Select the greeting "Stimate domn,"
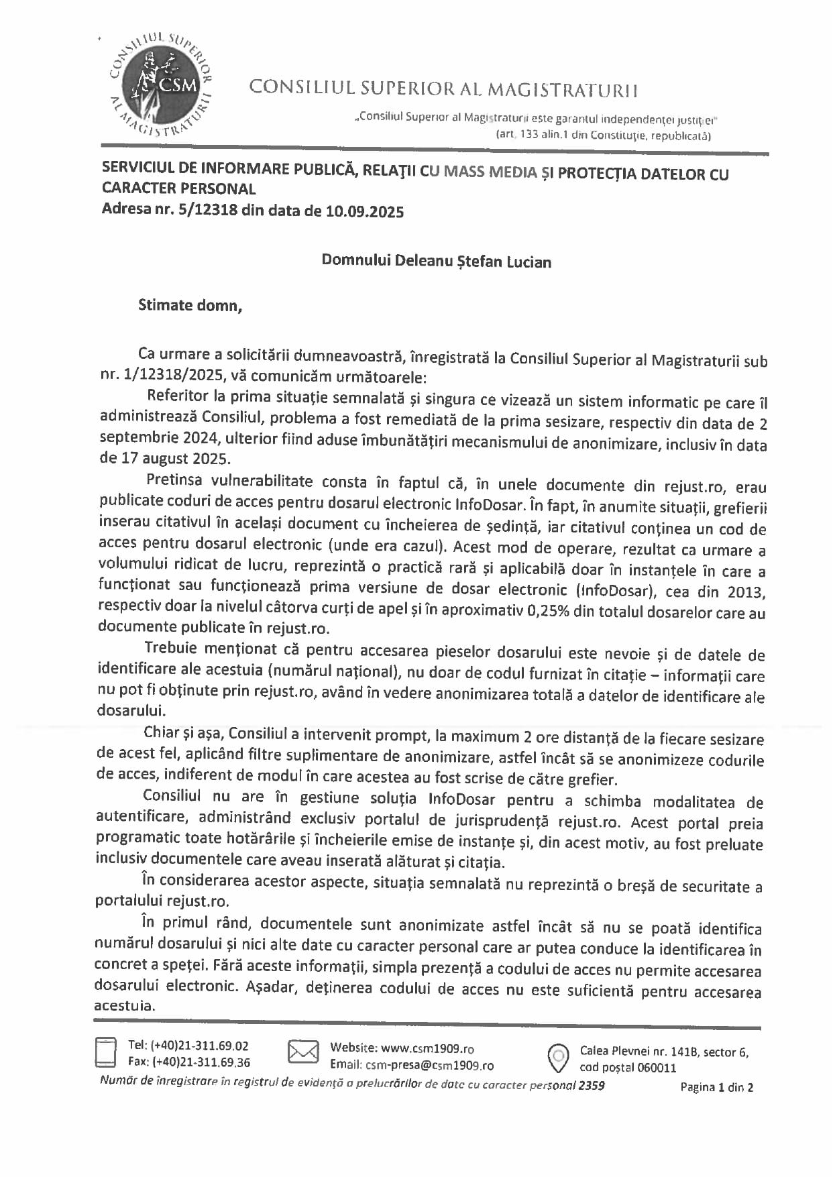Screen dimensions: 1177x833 pos(189,306)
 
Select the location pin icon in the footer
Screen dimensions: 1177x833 pos(558,1057)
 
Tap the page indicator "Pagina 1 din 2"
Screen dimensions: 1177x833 pos(716,1087)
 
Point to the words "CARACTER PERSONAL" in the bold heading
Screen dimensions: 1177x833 pos(178,190)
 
